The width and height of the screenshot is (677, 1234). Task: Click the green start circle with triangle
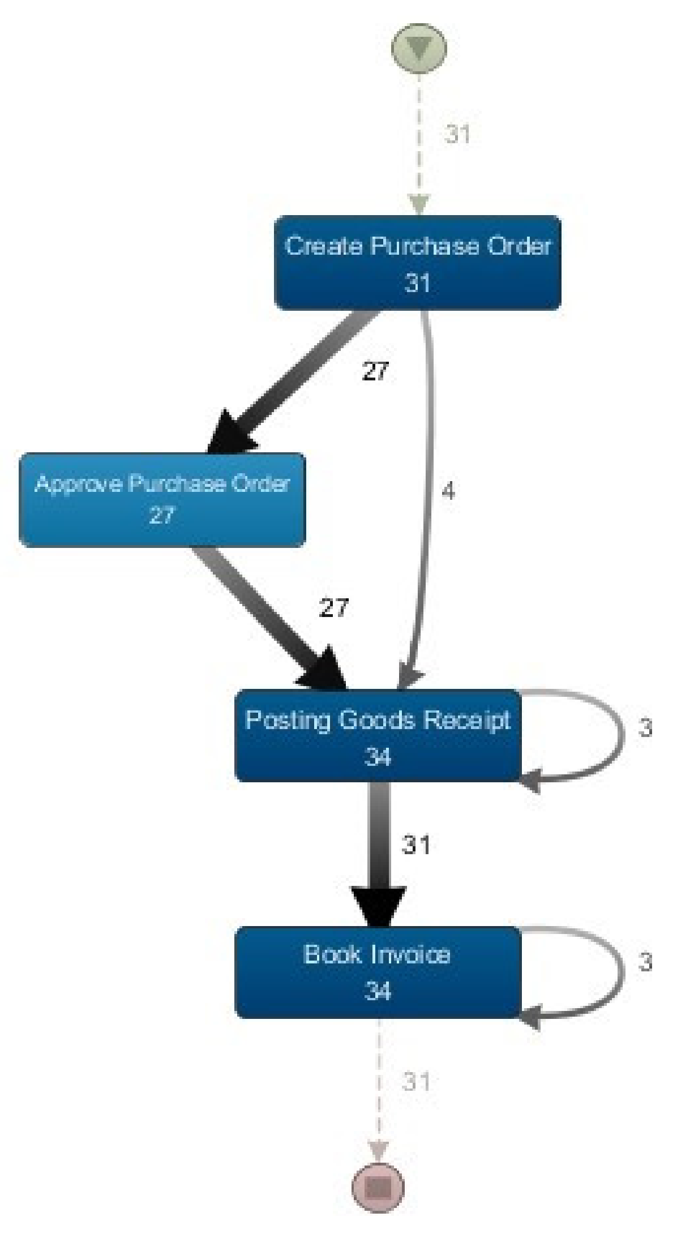[x=419, y=49]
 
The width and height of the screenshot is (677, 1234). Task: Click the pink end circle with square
[x=378, y=1186]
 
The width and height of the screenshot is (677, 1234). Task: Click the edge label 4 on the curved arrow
[x=448, y=491]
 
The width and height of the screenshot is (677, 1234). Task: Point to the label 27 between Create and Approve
[x=376, y=371]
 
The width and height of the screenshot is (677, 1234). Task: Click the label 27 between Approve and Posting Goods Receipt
[x=333, y=609]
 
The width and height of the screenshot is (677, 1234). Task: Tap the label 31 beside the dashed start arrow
[x=457, y=134]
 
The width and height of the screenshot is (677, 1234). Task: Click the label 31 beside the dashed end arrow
[x=416, y=1082]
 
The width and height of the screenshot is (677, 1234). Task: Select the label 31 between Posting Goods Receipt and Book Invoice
[x=416, y=845]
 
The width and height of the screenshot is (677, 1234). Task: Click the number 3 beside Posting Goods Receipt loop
[x=645, y=729]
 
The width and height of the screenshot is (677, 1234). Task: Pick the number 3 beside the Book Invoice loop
[x=645, y=962]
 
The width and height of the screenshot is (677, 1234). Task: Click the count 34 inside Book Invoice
[x=378, y=991]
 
